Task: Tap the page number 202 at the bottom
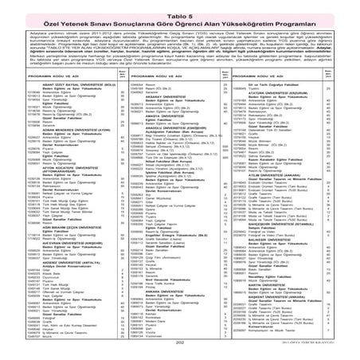(179, 343)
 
